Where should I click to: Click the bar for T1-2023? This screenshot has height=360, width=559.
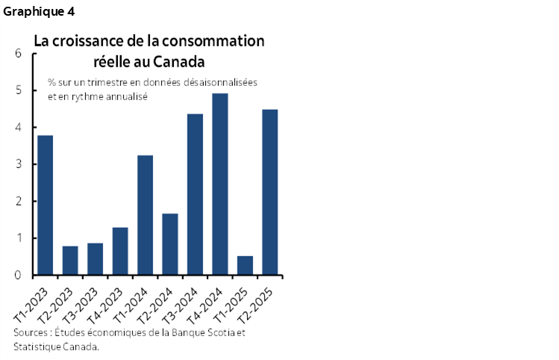(x=46, y=205)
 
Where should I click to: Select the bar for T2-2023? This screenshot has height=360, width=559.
(x=70, y=261)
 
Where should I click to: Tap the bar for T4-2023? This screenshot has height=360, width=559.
(x=120, y=251)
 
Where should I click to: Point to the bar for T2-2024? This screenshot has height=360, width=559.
(x=170, y=244)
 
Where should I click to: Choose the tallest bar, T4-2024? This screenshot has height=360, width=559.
(x=220, y=184)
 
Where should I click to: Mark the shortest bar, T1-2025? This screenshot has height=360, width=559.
(x=245, y=266)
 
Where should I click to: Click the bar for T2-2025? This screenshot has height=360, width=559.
(x=269, y=193)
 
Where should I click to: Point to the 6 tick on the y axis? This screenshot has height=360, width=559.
(x=17, y=54)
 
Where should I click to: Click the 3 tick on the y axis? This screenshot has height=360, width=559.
(x=17, y=164)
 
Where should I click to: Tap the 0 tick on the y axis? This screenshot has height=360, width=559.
(x=17, y=276)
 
